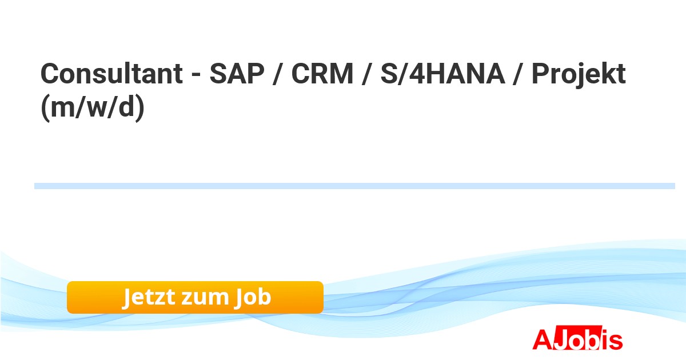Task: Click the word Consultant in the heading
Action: pos(112,74)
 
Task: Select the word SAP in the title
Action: pos(237,74)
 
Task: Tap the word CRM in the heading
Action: pos(322,74)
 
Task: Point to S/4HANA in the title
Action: pos(442,74)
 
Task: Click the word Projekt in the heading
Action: pos(579,75)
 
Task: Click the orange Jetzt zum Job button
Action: pos(195,297)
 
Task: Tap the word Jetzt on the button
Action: pos(149,297)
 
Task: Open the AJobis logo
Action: pos(577,338)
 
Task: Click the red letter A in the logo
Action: pos(543,339)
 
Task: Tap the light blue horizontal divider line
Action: pos(354,186)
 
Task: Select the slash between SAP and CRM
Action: pos(277,74)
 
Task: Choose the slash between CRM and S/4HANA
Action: pos(367,74)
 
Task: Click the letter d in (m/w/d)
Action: pos(126,106)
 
